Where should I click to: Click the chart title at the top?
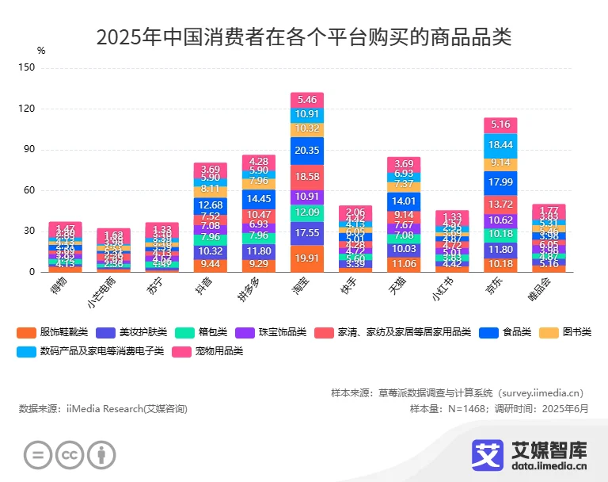point(304,36)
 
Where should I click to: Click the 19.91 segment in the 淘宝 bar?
point(306,258)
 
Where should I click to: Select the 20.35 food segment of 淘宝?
point(306,151)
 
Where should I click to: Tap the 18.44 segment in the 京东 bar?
point(500,145)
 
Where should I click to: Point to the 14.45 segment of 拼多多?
point(258,199)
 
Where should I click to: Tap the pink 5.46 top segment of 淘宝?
point(306,100)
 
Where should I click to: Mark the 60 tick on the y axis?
point(29,190)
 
